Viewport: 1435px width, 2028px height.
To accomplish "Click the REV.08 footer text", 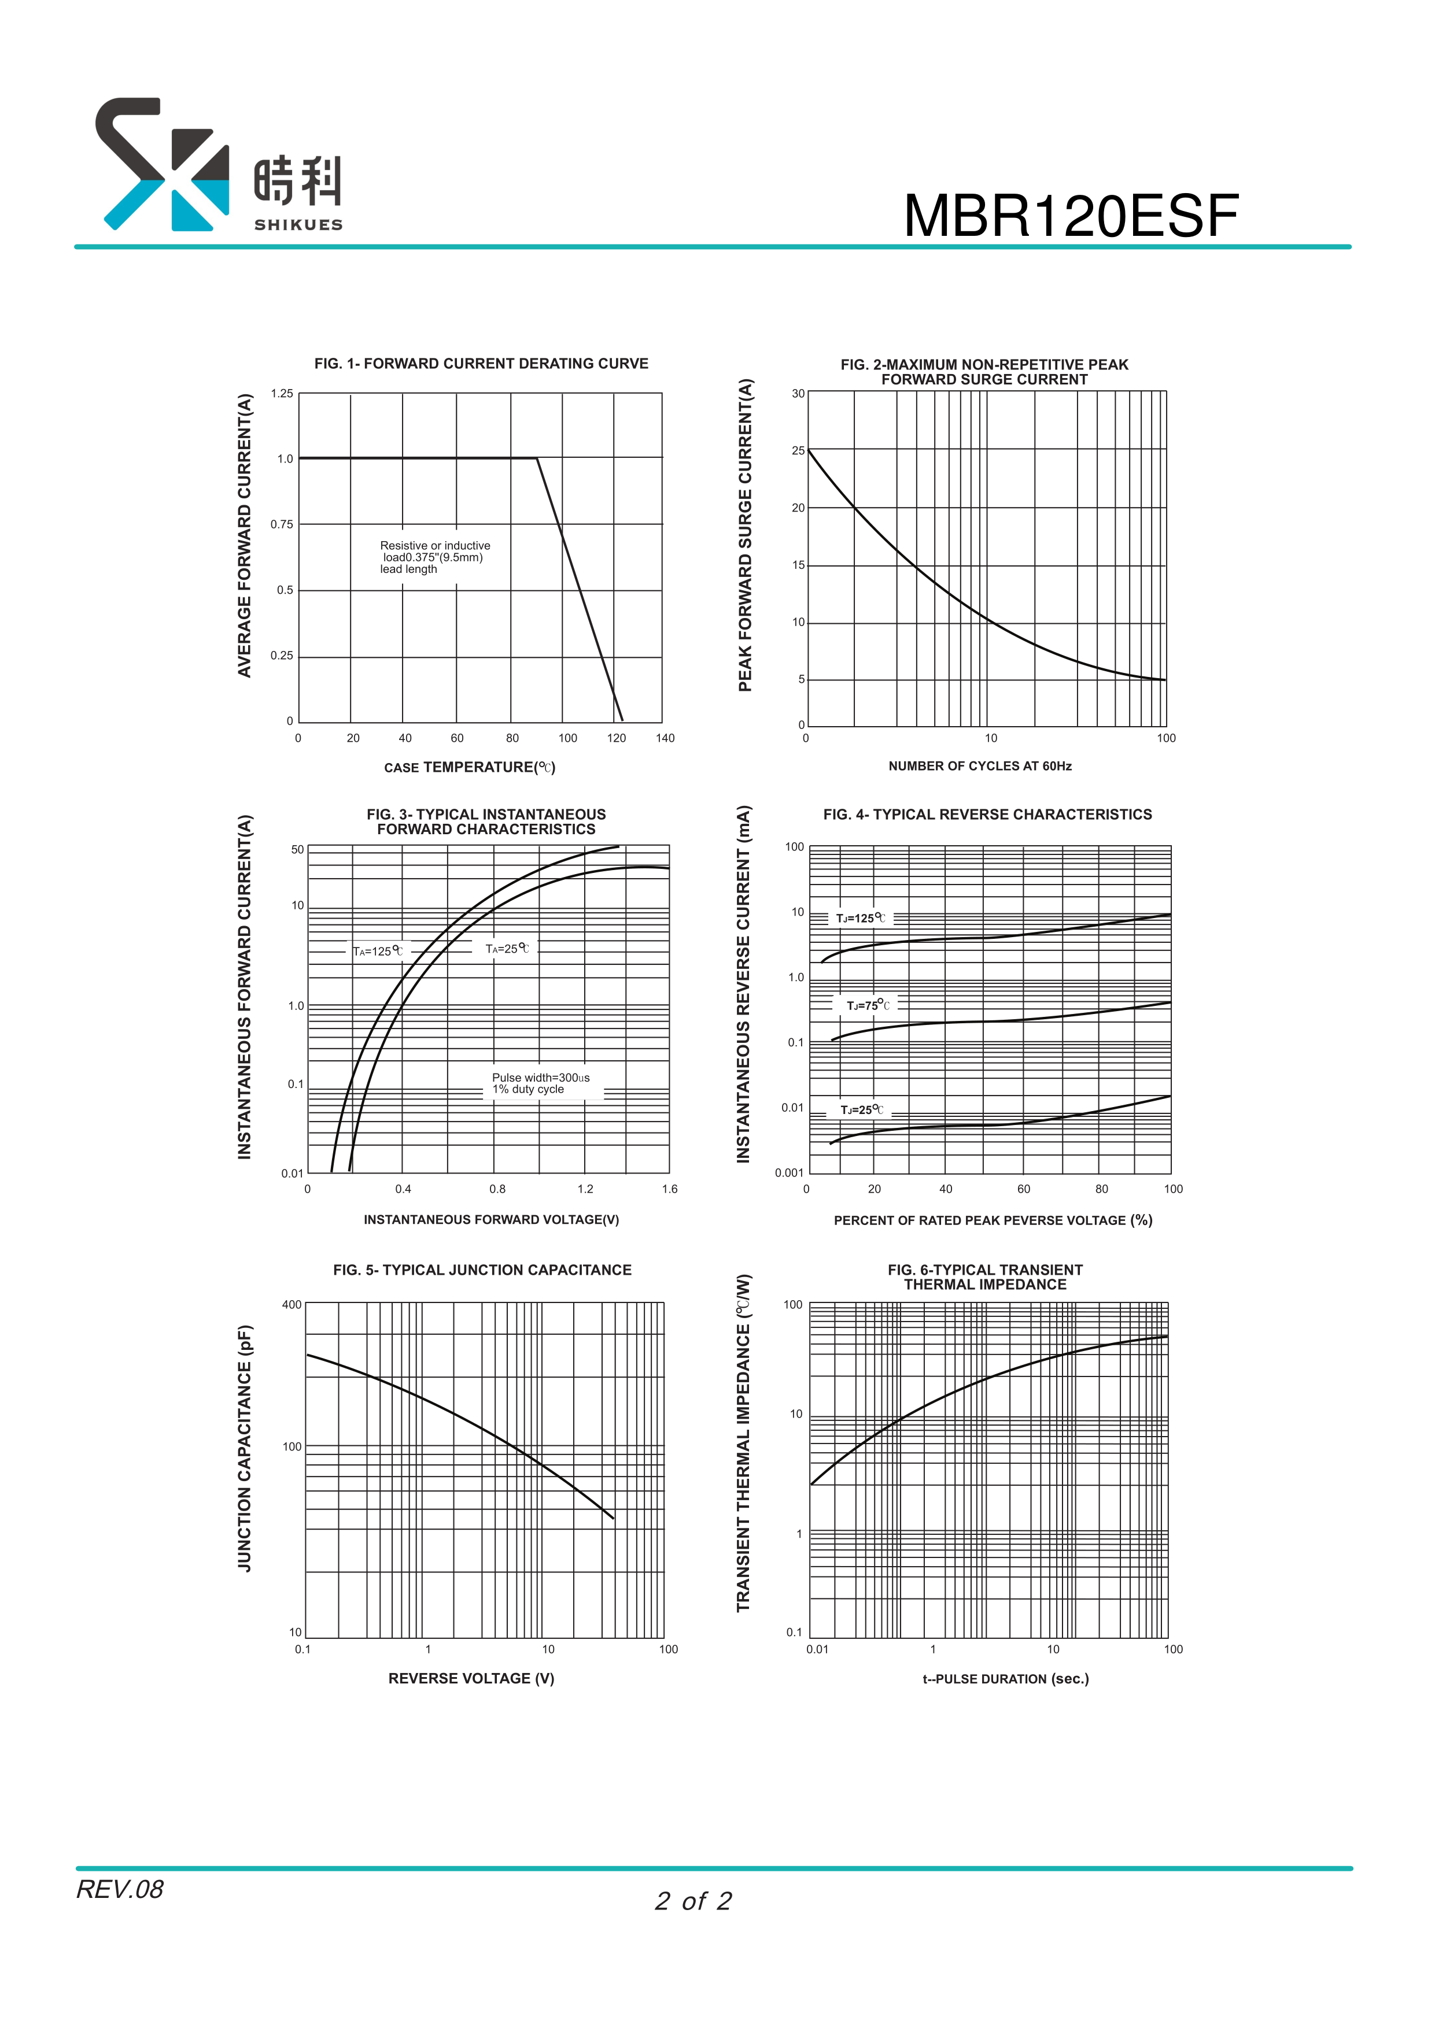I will coord(119,1889).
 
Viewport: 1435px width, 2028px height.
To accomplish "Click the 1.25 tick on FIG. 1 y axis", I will coord(282,393).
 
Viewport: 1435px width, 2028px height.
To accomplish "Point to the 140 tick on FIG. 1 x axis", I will coord(665,738).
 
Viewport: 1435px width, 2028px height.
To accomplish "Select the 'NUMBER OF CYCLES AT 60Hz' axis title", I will coord(979,766).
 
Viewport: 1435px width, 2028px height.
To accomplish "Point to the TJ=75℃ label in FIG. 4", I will coord(868,1005).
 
